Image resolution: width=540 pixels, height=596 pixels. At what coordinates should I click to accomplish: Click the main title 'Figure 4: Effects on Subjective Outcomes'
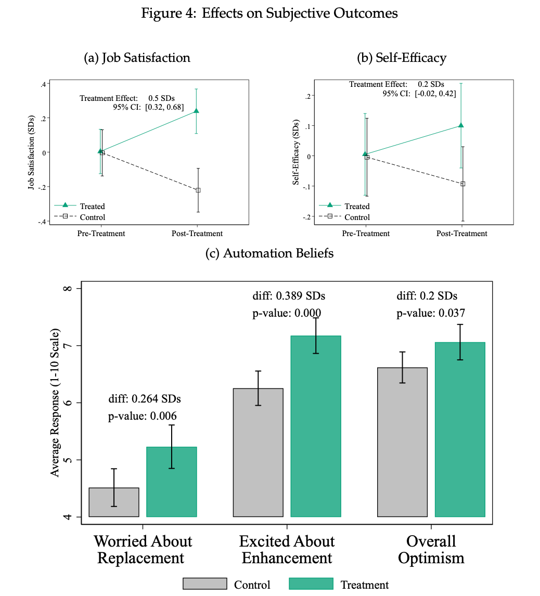coord(269,14)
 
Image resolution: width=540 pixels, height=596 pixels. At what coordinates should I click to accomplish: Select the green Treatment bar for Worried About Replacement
coord(172,482)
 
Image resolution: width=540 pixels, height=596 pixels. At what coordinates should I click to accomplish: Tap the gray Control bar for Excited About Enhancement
coord(258,452)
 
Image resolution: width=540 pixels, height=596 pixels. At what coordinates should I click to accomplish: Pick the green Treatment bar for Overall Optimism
coord(460,429)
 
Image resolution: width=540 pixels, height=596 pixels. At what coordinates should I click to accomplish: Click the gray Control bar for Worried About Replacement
coord(114,502)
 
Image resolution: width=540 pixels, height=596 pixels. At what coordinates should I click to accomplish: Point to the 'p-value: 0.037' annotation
coord(431,313)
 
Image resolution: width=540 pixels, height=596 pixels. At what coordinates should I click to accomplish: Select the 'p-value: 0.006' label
coord(143,416)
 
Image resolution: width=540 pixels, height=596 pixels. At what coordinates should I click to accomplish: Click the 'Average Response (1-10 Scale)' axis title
coord(55,403)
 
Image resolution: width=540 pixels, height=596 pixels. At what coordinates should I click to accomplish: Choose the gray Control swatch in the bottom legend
coord(205,584)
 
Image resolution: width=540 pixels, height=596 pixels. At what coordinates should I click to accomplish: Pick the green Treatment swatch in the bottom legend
coord(311,584)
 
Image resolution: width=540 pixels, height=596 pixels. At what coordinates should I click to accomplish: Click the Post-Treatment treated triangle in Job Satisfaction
coord(197,111)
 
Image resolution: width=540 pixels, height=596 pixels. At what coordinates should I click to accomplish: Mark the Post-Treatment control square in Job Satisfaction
coord(198,190)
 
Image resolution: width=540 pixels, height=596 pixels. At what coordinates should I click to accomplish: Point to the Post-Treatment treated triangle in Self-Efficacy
coord(461,125)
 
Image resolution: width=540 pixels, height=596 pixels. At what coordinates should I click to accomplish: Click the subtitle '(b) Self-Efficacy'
coord(402,58)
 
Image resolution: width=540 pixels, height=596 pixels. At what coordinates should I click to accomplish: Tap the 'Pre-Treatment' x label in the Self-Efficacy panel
coord(366,234)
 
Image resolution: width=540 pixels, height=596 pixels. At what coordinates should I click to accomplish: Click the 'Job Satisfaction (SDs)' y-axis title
coord(31,152)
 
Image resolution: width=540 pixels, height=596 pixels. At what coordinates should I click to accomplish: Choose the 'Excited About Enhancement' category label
coord(287,550)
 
